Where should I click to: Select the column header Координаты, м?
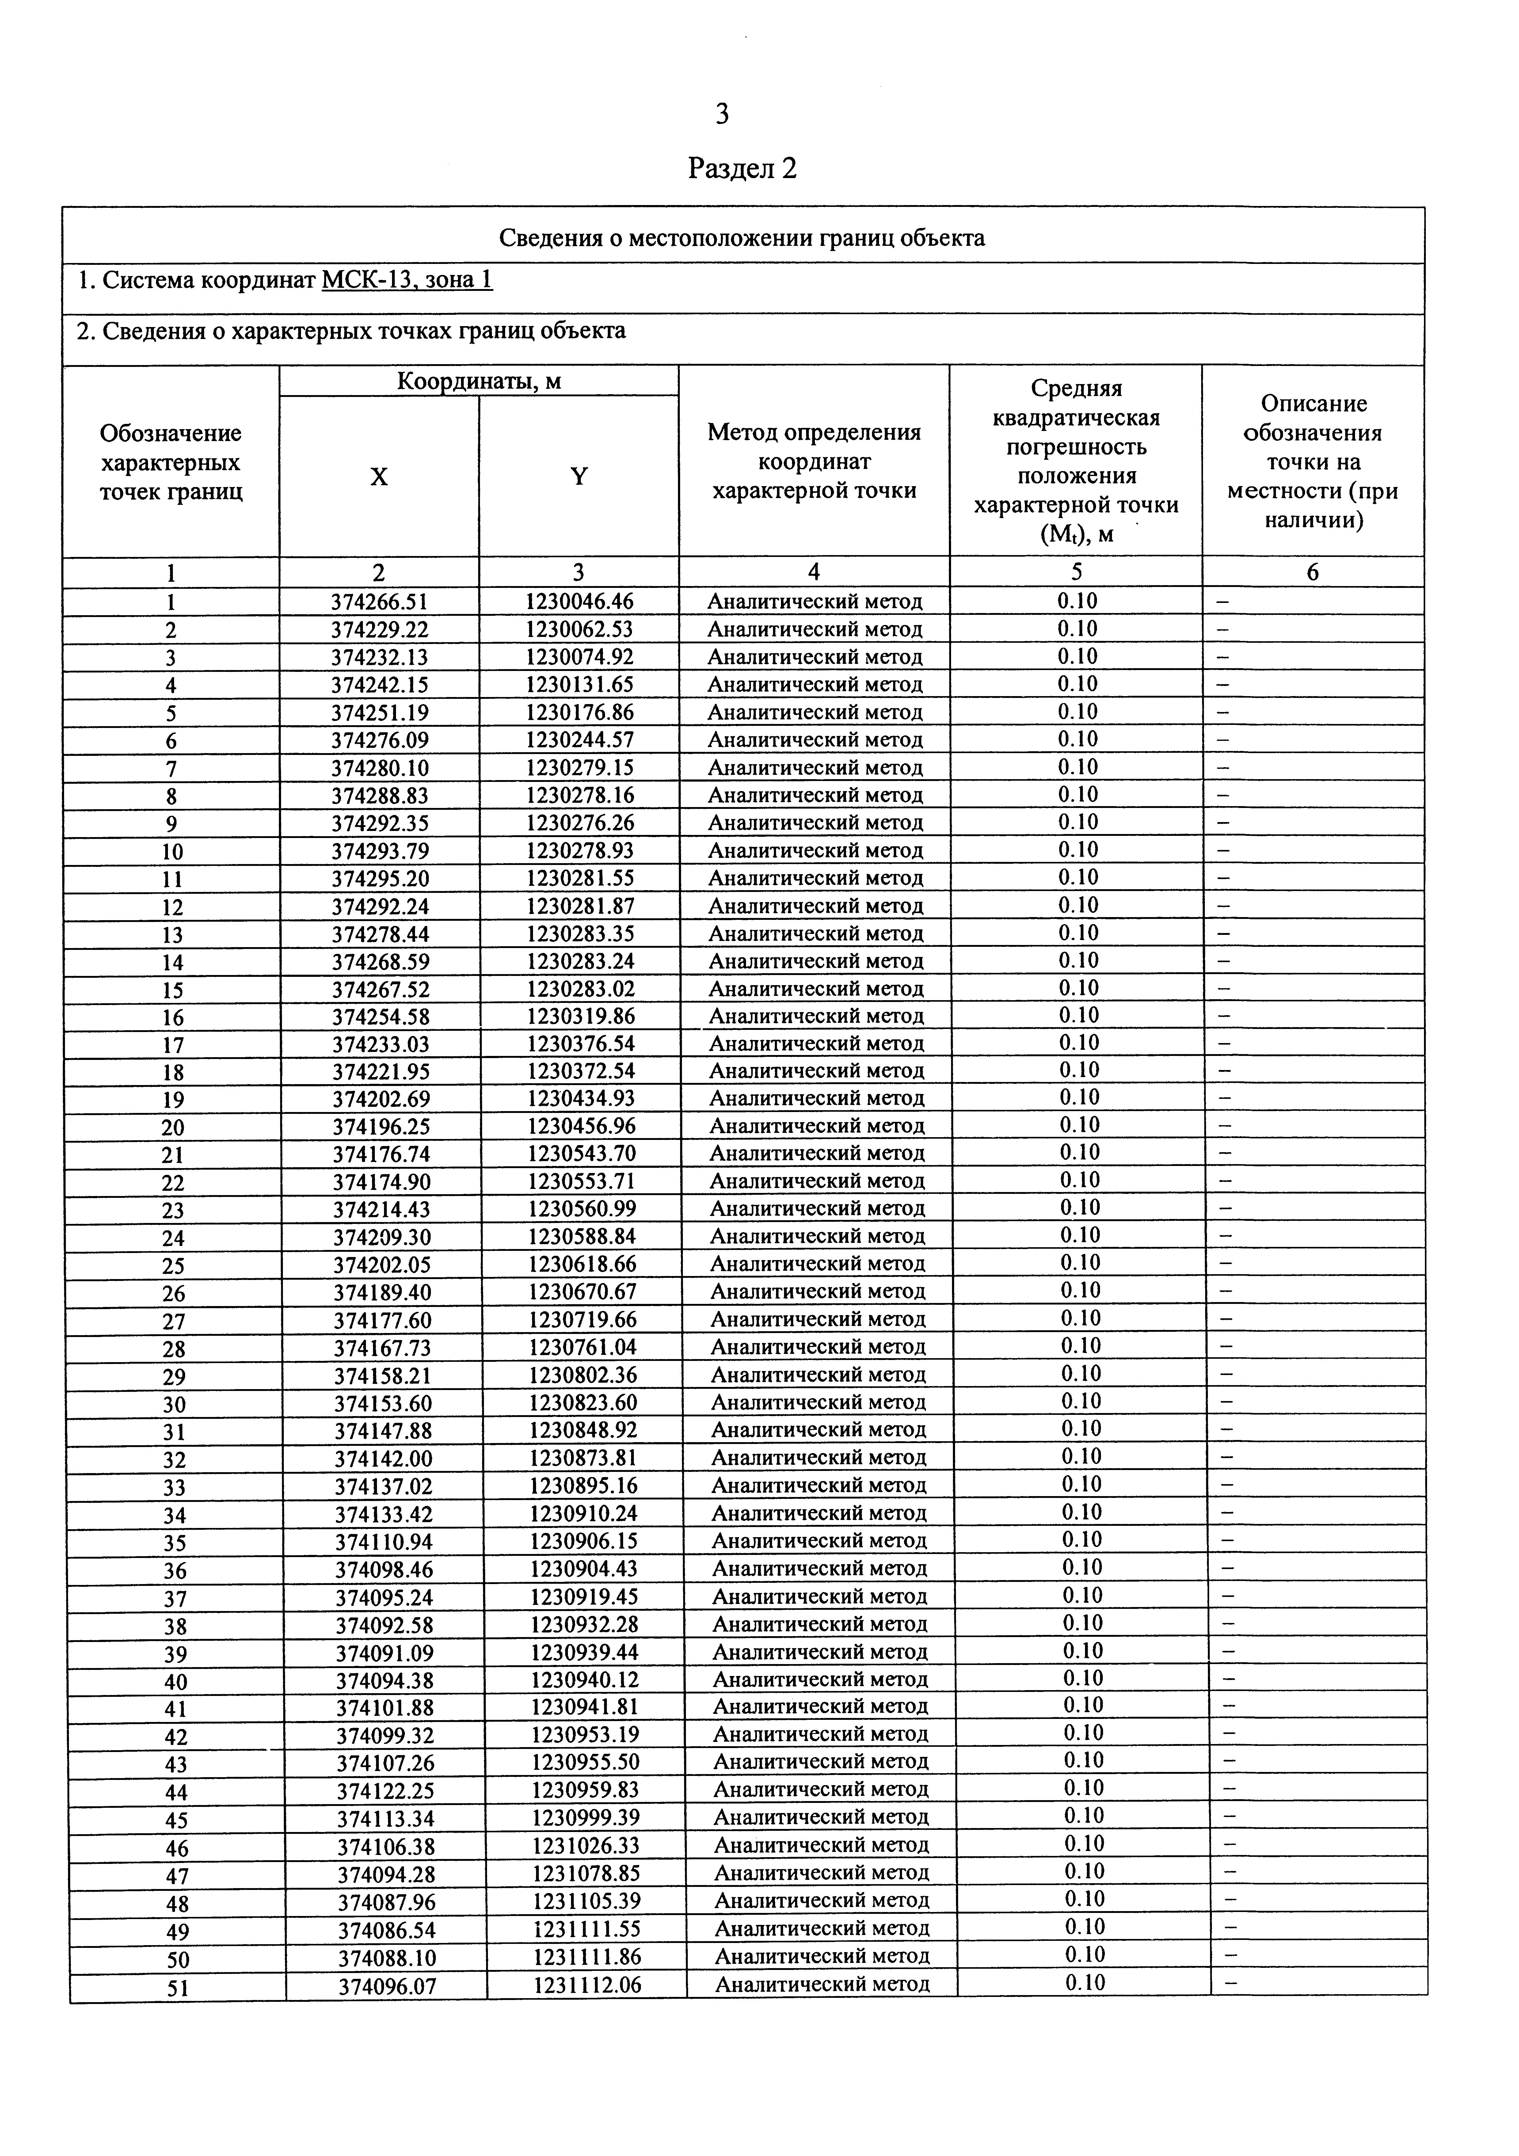[x=479, y=381]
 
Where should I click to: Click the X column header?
[x=378, y=477]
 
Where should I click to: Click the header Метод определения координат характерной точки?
[x=814, y=461]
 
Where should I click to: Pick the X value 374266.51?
[x=379, y=602]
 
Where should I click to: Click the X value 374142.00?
[x=383, y=1458]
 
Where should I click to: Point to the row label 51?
[x=177, y=1987]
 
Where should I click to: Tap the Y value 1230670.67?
[x=582, y=1292]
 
